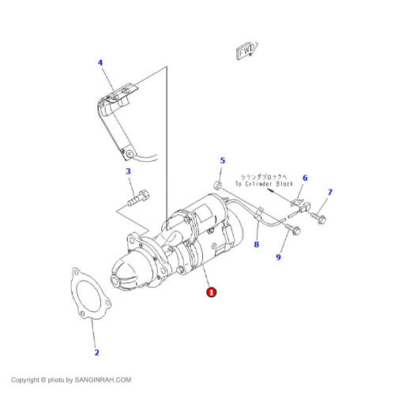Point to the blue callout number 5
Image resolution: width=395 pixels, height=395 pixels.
[x=222, y=160]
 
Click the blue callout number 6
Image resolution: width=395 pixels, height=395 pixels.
[x=305, y=178]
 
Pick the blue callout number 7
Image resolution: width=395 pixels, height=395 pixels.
[x=330, y=192]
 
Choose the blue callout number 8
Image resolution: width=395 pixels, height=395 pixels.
[x=256, y=245]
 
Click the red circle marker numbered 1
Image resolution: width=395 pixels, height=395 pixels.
[x=211, y=292]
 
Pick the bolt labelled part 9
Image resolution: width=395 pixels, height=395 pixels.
[x=295, y=231]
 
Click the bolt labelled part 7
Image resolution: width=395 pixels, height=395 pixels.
[x=322, y=216]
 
